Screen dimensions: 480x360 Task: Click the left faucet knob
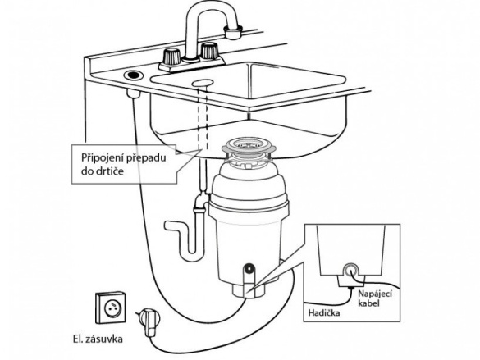coord(171,56)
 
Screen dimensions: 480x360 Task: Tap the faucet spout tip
coord(233,33)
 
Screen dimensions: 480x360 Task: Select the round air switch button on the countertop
coord(133,75)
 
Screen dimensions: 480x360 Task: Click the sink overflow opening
coord(203,83)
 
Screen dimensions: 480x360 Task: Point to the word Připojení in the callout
coord(102,158)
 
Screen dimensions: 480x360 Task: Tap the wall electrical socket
coord(111,307)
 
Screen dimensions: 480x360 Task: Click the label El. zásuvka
coord(98,339)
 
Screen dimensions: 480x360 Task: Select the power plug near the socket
coord(149,321)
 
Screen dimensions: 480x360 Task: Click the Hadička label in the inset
coord(324,313)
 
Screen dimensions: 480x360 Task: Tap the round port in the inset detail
coord(350,271)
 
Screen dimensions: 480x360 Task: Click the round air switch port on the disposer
coord(249,269)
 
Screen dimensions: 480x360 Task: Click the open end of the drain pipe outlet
coord(167,226)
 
